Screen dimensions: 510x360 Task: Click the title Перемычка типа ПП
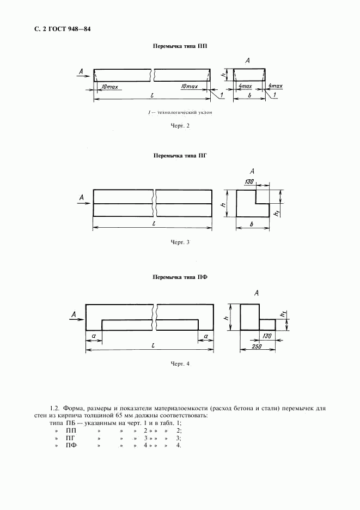tap(180, 47)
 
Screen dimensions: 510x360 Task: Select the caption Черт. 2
tap(180, 126)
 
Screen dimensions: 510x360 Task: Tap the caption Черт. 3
tap(180, 242)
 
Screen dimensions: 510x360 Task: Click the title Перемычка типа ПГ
tap(180, 155)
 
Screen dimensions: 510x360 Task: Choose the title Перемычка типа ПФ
tap(180, 277)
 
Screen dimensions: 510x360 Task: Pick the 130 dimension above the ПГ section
tap(250, 181)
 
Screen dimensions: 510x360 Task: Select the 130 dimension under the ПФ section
tap(267, 337)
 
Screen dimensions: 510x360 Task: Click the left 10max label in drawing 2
tap(109, 87)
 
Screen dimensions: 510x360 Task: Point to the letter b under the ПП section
tap(250, 95)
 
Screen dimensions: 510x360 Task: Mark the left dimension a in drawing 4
tap(94, 336)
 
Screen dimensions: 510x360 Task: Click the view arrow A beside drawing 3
tap(81, 197)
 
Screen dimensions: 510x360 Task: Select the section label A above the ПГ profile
tap(252, 171)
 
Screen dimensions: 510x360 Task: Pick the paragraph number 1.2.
tap(54, 408)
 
